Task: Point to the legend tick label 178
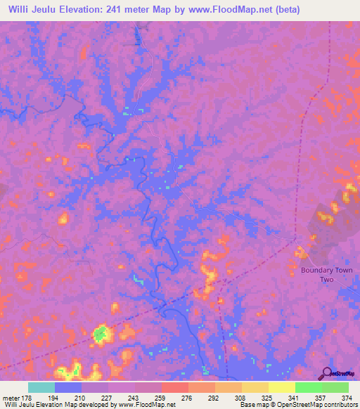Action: (27, 398)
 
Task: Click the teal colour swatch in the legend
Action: (41, 387)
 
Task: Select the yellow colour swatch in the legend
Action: (281, 387)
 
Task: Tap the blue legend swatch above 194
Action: (67, 387)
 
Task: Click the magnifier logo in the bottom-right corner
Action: (326, 372)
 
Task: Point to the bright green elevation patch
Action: (101, 332)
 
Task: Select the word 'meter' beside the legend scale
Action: (11, 398)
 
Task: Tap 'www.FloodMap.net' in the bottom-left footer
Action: (147, 405)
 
